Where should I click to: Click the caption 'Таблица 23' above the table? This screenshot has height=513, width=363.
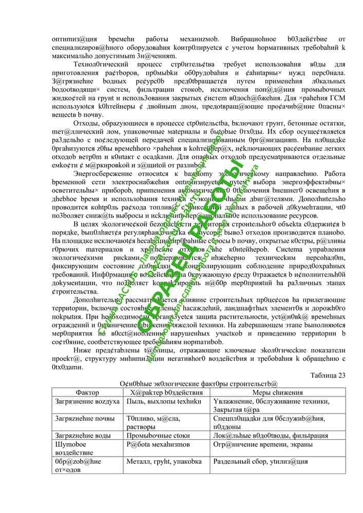328,374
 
